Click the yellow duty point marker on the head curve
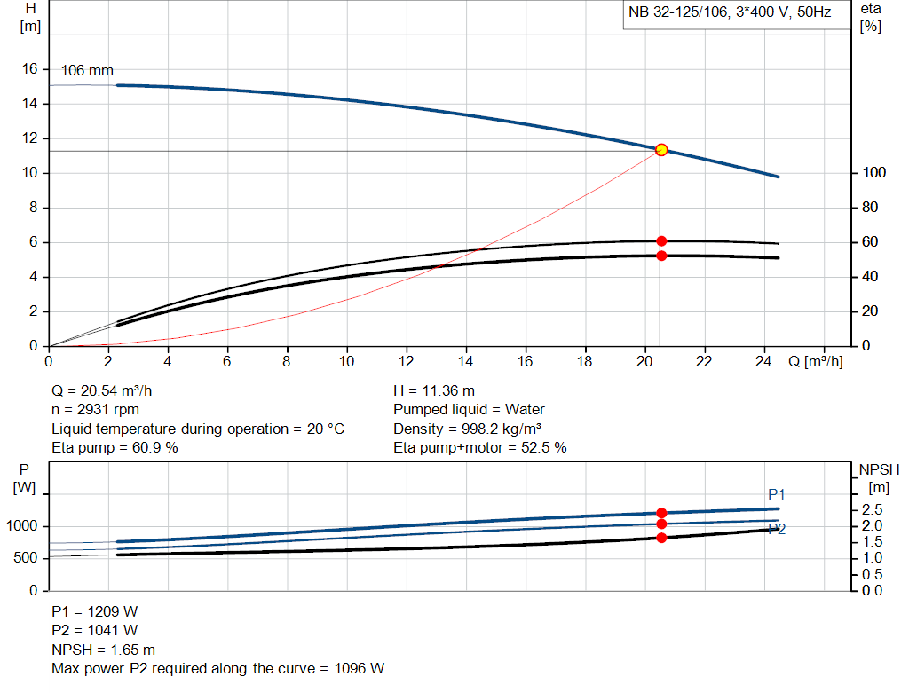pos(661,150)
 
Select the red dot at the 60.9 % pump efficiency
pos(661,241)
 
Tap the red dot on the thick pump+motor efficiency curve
pos(661,256)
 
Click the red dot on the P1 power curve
pos(661,513)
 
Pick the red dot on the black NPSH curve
pos(661,538)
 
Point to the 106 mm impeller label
pos(87,71)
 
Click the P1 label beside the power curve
pos(777,494)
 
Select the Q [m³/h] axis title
pos(815,361)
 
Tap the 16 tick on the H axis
pos(29,69)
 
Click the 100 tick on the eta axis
pos(871,173)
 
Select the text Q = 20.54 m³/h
pos(108,390)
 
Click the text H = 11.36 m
pos(433,390)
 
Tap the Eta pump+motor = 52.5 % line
pos(479,448)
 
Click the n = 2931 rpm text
pos(95,410)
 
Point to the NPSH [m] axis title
pos(879,477)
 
